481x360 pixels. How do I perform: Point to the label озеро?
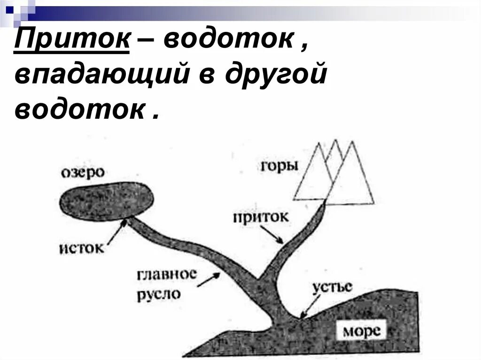82,172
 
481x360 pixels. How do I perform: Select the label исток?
82,247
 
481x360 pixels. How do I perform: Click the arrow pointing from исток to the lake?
116,232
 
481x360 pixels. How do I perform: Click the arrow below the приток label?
273,235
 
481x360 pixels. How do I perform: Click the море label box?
361,330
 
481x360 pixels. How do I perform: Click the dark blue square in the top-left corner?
10,8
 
